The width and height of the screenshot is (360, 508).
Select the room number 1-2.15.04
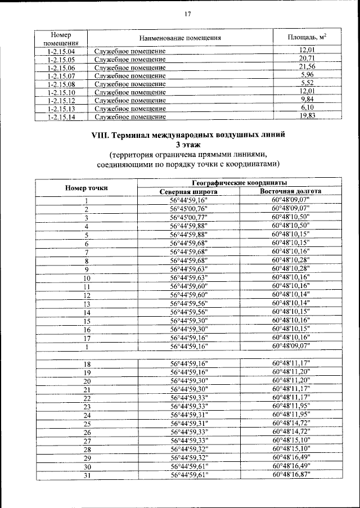(x=62, y=51)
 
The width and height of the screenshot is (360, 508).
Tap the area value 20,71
(x=307, y=59)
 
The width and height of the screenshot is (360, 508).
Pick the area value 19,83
(x=307, y=116)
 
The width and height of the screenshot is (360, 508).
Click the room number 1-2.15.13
(x=62, y=108)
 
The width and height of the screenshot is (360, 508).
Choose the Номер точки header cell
(x=87, y=187)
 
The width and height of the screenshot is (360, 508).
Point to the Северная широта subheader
(x=188, y=192)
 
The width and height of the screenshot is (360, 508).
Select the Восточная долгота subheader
(x=290, y=192)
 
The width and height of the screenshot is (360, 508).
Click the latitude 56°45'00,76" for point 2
(x=188, y=209)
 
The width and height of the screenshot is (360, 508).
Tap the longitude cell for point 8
(x=290, y=260)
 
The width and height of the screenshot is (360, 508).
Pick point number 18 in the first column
(x=87, y=365)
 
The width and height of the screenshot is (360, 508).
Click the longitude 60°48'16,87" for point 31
(x=290, y=475)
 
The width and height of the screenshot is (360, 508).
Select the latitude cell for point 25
(x=188, y=424)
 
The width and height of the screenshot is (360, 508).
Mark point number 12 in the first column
(x=87, y=295)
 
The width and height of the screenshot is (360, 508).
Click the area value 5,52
(x=307, y=83)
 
